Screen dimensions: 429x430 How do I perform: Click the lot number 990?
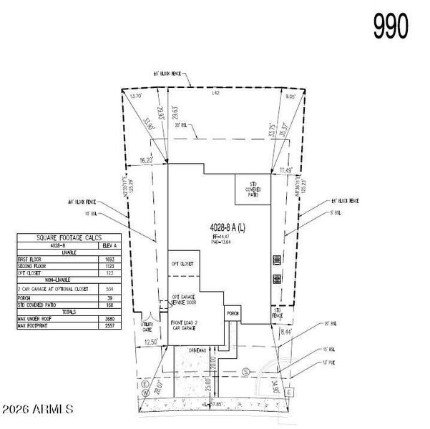point(391,26)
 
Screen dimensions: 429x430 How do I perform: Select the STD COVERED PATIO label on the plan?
point(253,189)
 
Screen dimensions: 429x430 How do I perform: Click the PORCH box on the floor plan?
point(233,313)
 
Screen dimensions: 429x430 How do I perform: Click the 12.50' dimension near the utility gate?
point(150,342)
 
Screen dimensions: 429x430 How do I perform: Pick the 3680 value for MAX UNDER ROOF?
point(109,320)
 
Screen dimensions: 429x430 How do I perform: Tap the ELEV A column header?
point(109,245)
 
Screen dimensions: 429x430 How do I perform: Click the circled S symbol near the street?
point(245,372)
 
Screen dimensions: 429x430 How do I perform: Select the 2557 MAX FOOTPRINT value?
point(109,326)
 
